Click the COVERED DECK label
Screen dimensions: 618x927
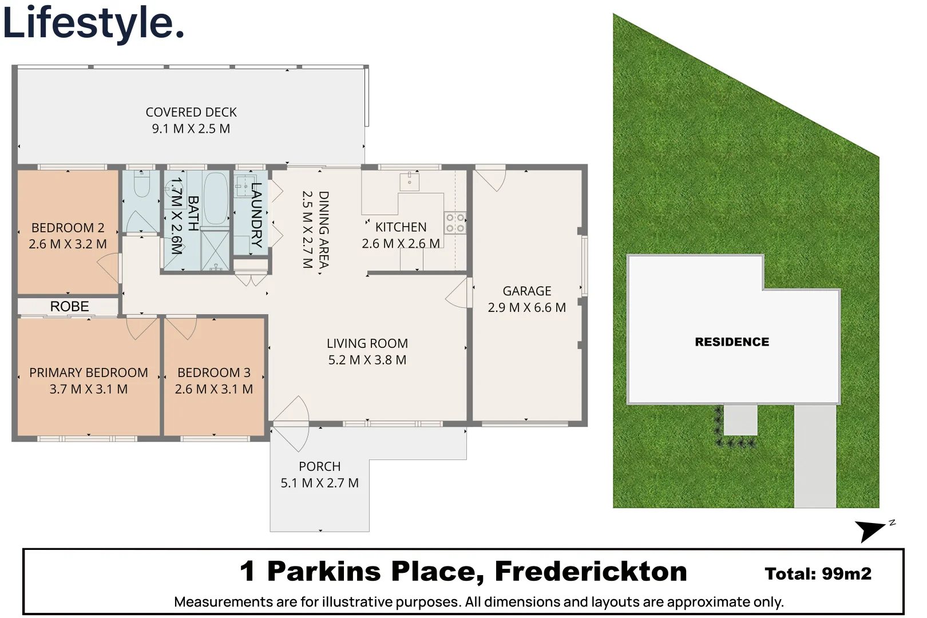[191, 112]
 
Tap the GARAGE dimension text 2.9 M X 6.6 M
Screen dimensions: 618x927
[526, 308]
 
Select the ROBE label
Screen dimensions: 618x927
[69, 307]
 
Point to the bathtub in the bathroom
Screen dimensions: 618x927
[216, 198]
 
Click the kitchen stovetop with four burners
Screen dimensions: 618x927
[455, 223]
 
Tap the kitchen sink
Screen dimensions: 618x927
[409, 182]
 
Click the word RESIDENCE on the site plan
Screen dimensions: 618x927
[732, 342]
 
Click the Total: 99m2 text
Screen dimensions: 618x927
[818, 574]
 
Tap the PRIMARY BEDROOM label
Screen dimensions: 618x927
[89, 373]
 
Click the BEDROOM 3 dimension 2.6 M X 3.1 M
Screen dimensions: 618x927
[213, 390]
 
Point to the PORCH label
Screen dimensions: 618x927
[319, 467]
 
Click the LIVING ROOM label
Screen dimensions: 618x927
[367, 343]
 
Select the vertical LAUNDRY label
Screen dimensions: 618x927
[256, 215]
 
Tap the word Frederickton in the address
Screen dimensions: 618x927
[591, 572]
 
